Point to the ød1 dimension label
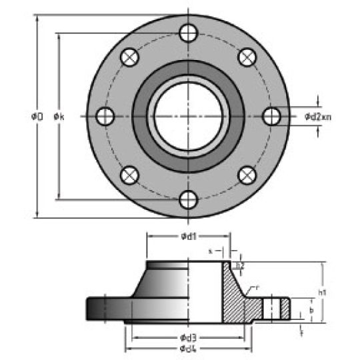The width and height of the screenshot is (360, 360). tap(189, 235)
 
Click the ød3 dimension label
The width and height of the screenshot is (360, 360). tap(189, 336)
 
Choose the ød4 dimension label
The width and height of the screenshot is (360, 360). tap(189, 349)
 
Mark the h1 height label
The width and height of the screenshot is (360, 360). tap(323, 292)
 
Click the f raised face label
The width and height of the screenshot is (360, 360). tap(302, 329)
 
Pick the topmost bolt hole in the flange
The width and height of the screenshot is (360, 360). tap(189, 32)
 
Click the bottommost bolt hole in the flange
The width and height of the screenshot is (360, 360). tap(189, 199)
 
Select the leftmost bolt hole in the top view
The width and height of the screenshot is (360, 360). tap(105, 116)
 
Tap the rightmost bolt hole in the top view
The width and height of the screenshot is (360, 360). tap(271, 116)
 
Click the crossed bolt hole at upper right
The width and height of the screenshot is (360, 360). tap(247, 57)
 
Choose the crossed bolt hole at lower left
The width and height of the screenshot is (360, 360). tap(129, 175)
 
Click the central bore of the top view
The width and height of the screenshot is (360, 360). tap(188, 116)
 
